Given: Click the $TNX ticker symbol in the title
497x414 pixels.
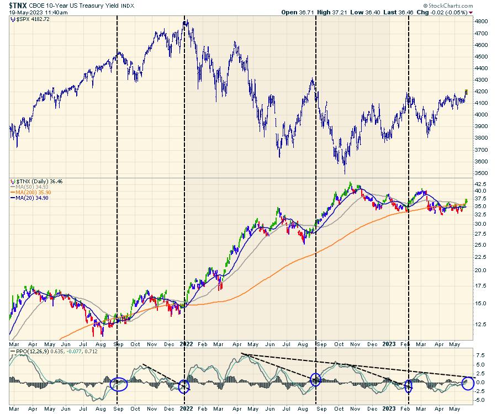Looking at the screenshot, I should (x=18, y=5).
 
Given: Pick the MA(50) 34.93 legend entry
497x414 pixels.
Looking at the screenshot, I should (x=30, y=186).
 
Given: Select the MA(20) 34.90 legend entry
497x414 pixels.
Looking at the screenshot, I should (x=30, y=198).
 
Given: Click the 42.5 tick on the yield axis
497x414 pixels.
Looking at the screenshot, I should (x=482, y=184).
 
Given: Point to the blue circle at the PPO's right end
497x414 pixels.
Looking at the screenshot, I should (x=467, y=383).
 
